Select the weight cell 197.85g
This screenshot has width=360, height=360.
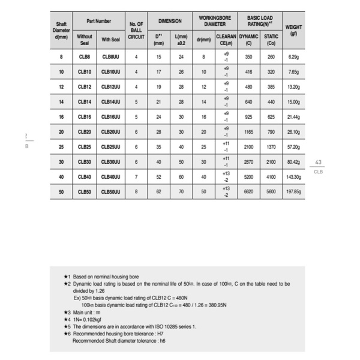(x=293, y=192)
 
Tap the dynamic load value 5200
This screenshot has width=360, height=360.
(x=244, y=177)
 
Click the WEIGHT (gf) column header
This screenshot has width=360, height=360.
(x=293, y=31)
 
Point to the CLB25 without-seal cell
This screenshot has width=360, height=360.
(x=85, y=147)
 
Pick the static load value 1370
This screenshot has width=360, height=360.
(x=271, y=147)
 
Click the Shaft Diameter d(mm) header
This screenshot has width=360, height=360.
(x=61, y=31)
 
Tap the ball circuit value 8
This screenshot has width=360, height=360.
(x=137, y=192)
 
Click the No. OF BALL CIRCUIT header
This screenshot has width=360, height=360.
(x=137, y=31)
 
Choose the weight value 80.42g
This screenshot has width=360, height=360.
(x=293, y=162)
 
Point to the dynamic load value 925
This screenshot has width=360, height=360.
(x=244, y=117)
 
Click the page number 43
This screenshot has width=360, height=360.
(x=319, y=162)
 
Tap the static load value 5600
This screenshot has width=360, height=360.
(x=271, y=192)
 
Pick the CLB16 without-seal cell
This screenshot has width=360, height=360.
(x=85, y=117)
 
